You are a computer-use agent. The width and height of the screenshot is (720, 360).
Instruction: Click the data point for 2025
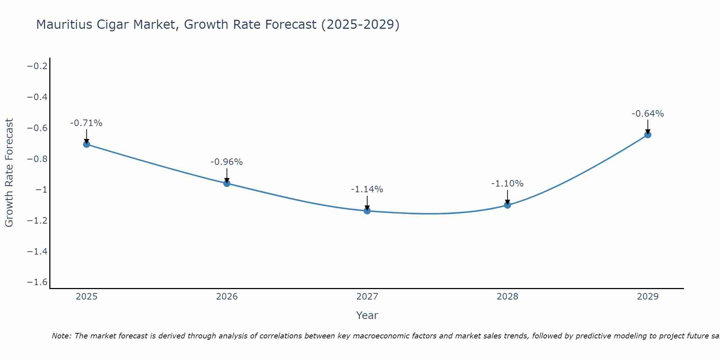click(86, 144)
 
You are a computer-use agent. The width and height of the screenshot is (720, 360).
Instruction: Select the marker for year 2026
click(227, 183)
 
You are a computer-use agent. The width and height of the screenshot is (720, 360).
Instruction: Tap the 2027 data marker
click(367, 211)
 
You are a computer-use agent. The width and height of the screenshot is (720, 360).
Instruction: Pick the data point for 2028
click(507, 205)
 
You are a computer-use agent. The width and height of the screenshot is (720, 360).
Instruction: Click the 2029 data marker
click(648, 135)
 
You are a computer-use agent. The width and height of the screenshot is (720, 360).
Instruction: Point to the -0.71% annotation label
click(86, 123)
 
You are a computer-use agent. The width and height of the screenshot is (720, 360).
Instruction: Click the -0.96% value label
click(226, 162)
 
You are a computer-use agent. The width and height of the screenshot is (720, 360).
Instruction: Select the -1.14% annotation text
click(367, 189)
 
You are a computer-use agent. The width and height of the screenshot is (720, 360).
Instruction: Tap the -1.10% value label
click(507, 184)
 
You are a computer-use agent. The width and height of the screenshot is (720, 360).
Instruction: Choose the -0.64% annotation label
click(648, 114)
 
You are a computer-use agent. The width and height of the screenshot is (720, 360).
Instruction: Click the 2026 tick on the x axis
click(227, 297)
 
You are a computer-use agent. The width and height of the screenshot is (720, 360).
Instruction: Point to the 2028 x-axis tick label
click(507, 297)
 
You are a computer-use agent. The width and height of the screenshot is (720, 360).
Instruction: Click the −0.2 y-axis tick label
click(37, 66)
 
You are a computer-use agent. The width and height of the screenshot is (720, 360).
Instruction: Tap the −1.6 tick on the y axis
click(37, 282)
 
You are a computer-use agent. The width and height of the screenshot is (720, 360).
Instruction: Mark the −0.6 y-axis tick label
click(37, 128)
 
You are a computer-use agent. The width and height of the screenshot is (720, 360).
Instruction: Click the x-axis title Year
click(367, 315)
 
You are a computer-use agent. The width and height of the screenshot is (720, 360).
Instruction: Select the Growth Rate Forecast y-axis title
click(9, 173)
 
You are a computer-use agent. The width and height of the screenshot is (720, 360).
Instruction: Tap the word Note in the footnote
click(61, 336)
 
